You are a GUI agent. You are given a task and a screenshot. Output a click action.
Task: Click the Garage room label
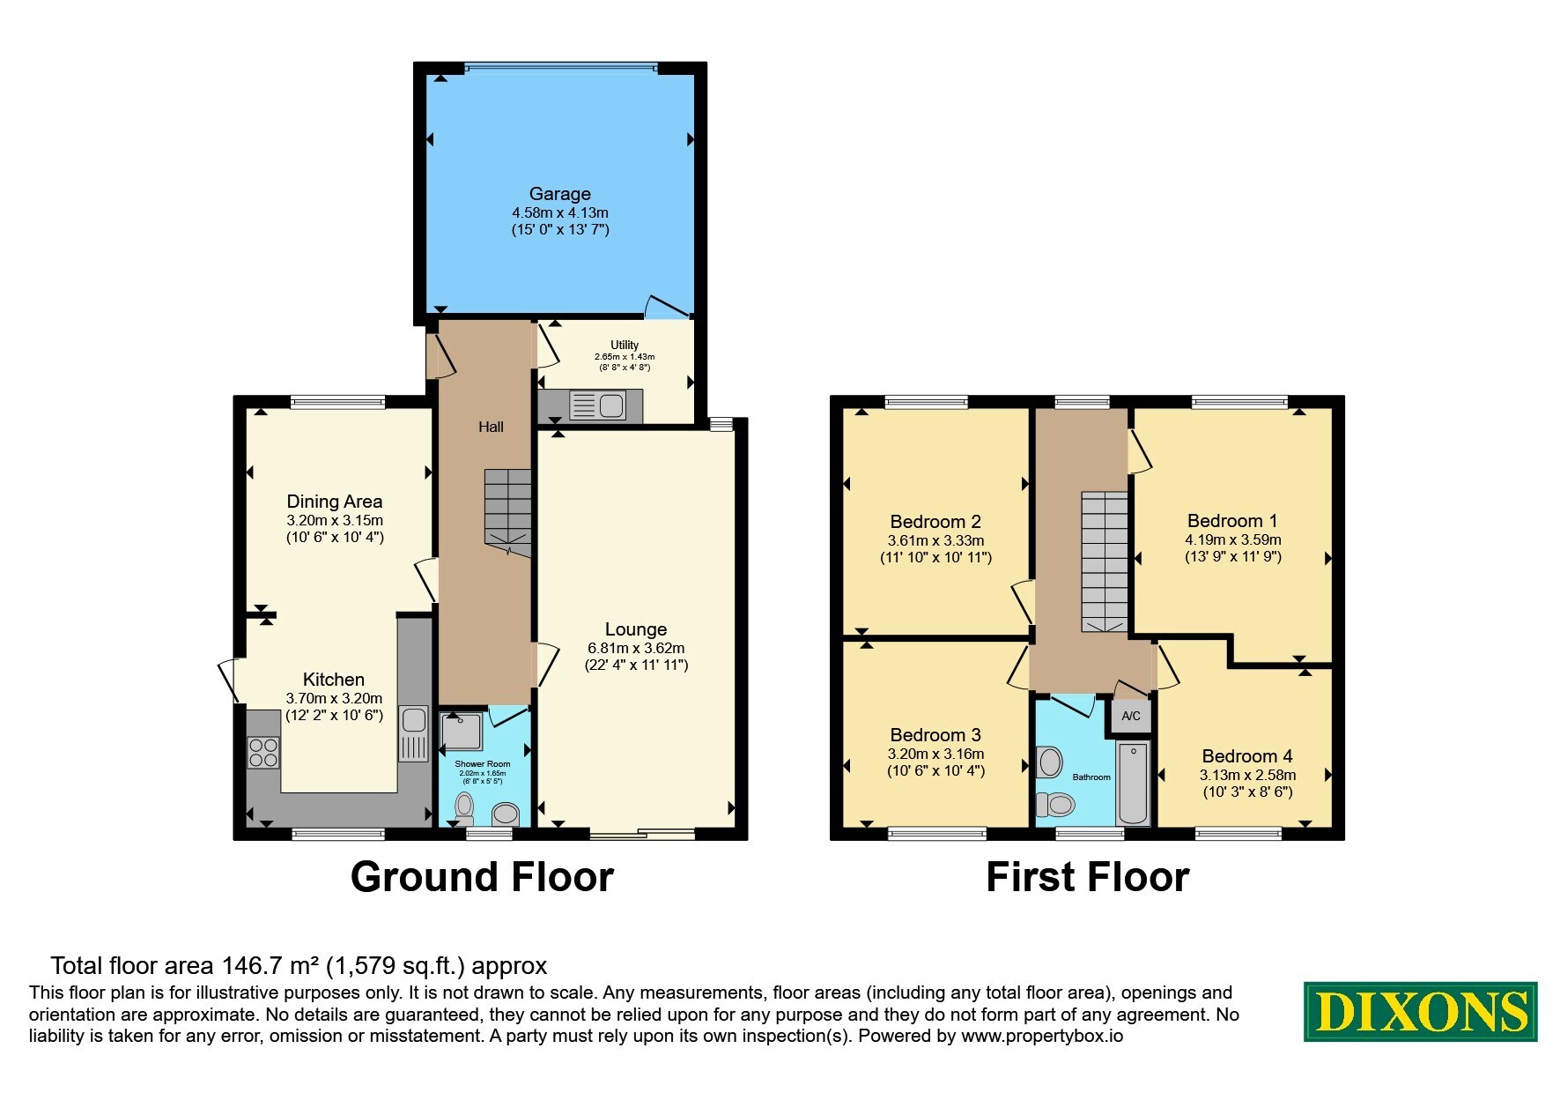click(x=559, y=194)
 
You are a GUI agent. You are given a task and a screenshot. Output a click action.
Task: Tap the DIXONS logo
click(x=1420, y=1012)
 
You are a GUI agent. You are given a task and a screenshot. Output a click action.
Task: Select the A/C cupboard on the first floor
click(x=1131, y=716)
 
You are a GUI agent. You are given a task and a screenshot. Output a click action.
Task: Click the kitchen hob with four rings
click(x=263, y=752)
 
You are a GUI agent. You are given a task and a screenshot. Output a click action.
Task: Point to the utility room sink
click(x=598, y=406)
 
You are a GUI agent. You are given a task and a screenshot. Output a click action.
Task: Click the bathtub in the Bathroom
click(x=1133, y=783)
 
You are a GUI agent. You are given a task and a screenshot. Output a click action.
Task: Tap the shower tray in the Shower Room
click(x=462, y=732)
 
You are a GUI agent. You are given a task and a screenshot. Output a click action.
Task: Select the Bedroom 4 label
click(x=1247, y=756)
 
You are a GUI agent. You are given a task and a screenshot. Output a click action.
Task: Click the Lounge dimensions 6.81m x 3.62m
click(x=636, y=648)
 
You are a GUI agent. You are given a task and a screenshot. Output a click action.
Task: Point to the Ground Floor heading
click(x=482, y=877)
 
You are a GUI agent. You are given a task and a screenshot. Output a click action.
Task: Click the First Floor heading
click(x=1087, y=877)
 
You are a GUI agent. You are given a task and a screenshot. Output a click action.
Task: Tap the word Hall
click(x=491, y=427)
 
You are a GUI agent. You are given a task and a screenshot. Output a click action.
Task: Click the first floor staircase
click(x=1105, y=561)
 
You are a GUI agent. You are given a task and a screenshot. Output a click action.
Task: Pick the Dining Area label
click(x=335, y=502)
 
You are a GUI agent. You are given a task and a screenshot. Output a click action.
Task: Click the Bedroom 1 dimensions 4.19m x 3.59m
click(x=1233, y=539)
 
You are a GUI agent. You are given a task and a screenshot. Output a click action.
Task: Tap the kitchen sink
click(x=413, y=732)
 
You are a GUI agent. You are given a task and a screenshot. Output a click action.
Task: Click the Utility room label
click(x=625, y=345)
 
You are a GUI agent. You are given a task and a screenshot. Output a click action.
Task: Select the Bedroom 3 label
click(x=935, y=735)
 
